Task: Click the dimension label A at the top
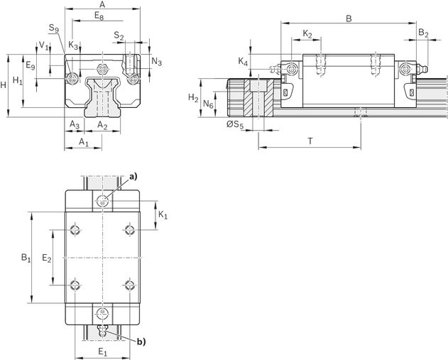102,4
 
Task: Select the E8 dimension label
99,16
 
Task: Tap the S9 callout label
54,28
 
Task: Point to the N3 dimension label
157,62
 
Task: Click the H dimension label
3,85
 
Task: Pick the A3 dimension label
75,124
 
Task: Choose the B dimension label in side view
349,18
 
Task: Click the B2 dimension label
423,33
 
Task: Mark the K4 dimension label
243,62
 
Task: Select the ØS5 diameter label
235,125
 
